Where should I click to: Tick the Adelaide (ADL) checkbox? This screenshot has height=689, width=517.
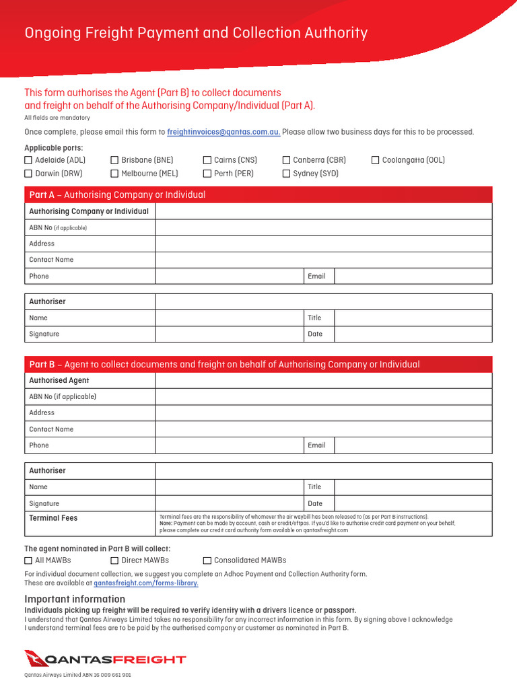point(28,160)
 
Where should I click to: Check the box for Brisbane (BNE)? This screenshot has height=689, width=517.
point(114,160)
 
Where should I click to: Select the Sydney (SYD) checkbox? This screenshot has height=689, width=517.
point(286,174)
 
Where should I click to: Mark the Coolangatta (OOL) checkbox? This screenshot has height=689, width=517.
point(376,160)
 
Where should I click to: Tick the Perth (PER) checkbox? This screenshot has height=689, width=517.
point(207,174)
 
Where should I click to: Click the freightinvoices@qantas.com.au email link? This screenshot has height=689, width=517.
point(223,132)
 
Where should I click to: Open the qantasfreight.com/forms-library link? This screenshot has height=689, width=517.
point(146,583)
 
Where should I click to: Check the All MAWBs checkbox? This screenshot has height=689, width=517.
point(28,560)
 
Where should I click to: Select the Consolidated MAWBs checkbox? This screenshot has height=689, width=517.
point(207,560)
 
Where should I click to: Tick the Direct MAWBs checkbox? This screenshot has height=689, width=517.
point(114,560)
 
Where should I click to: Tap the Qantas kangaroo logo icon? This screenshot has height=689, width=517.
point(36,659)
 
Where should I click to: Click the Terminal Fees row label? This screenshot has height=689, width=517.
point(53,518)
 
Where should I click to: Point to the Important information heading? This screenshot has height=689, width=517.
point(75,599)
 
